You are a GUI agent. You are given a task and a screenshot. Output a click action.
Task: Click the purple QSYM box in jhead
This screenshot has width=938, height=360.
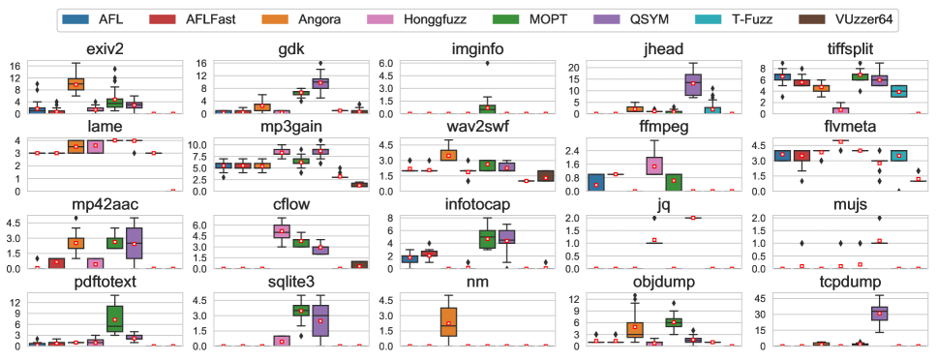(x=692, y=85)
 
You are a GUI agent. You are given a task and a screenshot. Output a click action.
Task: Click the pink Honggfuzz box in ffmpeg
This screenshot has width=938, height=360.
(x=654, y=165)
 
